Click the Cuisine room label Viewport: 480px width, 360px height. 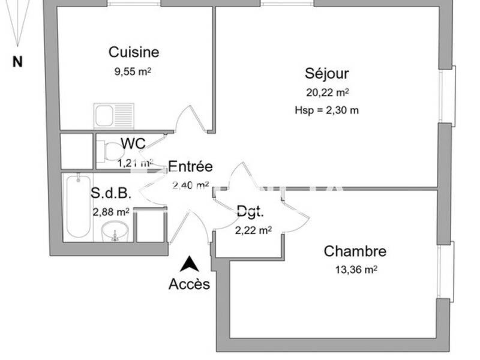pyautogui.click(x=134, y=52)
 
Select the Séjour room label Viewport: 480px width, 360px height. pyautogui.click(x=327, y=74)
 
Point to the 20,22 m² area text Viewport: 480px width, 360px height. pyautogui.click(x=328, y=92)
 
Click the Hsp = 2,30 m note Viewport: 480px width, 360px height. pyautogui.click(x=327, y=110)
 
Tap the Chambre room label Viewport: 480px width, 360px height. pyautogui.click(x=355, y=251)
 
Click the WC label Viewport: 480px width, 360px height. pyautogui.click(x=133, y=144)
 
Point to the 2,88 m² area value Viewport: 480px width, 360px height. pyautogui.click(x=111, y=212)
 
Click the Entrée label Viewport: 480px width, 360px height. pyautogui.click(x=190, y=167)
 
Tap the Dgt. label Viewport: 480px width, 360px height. pyautogui.click(x=250, y=211)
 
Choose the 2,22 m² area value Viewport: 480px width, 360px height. pyautogui.click(x=253, y=230)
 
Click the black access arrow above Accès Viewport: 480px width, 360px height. pyautogui.click(x=190, y=264)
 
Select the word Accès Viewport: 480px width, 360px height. pyautogui.click(x=190, y=284)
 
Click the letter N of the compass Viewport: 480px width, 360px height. pyautogui.click(x=17, y=61)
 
